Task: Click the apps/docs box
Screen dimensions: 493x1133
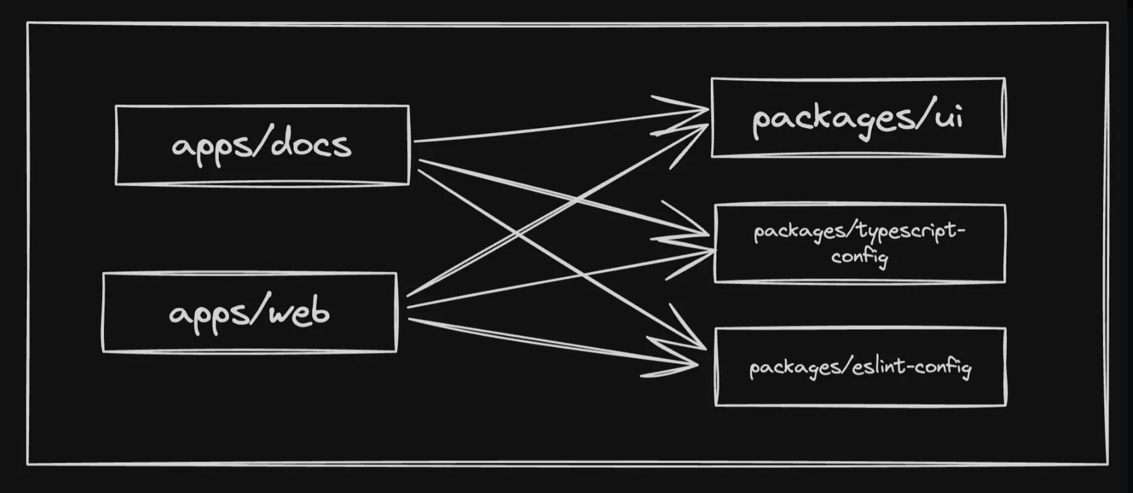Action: tap(262, 145)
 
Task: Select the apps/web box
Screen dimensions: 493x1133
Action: tap(250, 313)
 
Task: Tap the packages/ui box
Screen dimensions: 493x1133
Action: tap(857, 117)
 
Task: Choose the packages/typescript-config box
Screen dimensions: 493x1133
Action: tap(859, 243)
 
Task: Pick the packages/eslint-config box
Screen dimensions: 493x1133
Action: tap(860, 367)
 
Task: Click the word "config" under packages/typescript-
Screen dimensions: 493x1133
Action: tap(859, 257)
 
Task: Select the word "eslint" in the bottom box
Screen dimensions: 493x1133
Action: tap(878, 366)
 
